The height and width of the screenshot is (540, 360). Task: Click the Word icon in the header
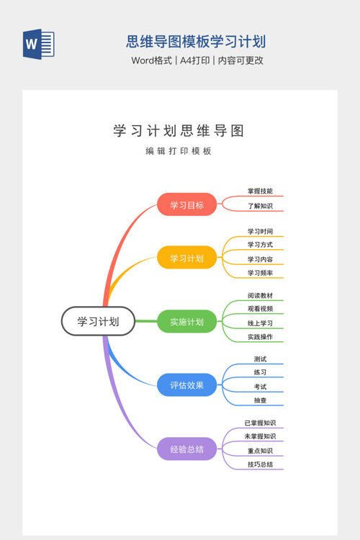tap(39, 44)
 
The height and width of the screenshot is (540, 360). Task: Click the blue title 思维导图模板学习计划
tap(196, 42)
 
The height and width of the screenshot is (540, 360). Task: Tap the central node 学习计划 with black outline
tap(98, 321)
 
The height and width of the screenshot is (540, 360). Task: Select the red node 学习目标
tap(186, 205)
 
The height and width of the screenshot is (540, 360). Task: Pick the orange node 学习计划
tap(186, 258)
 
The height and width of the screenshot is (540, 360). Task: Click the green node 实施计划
tap(186, 322)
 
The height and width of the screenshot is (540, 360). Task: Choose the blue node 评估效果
tap(186, 385)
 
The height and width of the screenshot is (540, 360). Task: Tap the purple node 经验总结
tap(186, 449)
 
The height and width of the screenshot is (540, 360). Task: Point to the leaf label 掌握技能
tap(260, 191)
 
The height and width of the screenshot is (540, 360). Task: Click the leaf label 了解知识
tap(260, 206)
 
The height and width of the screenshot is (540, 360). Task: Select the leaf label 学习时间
tap(260, 231)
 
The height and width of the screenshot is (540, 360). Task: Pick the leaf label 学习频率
tap(260, 273)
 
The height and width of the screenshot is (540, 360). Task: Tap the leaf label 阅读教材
tap(260, 295)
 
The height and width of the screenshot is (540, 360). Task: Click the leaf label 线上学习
tap(260, 323)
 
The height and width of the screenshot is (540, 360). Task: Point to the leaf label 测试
tap(260, 359)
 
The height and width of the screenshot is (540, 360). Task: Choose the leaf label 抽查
tap(260, 400)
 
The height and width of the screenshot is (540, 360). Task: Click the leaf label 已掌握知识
tap(260, 423)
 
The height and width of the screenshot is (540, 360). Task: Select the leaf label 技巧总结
tap(260, 464)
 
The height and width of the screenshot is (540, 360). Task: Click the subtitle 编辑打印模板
tap(179, 151)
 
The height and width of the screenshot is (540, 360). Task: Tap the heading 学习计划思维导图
tap(179, 131)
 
